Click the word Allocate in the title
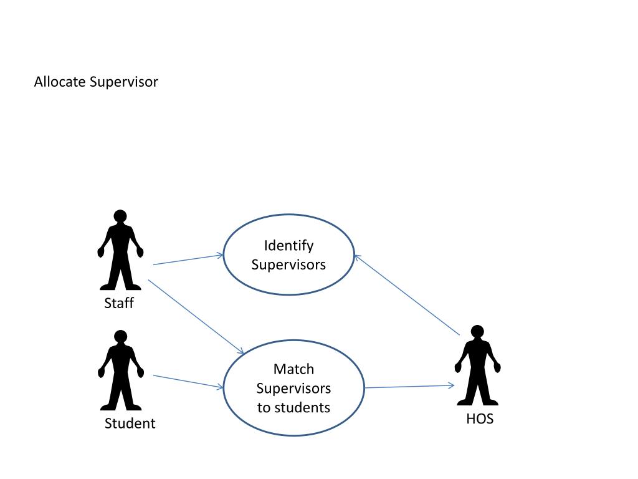coord(60,82)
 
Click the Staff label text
coord(119,304)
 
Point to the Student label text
coord(130,423)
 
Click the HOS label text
coord(480,419)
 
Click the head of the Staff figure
coord(120,216)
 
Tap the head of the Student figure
coord(120,337)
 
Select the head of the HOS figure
coord(477,332)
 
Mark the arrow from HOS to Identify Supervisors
coord(406,295)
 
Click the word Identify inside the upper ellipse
coord(288,245)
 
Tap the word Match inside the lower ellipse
coord(293,369)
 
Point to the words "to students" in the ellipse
coord(293,408)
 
